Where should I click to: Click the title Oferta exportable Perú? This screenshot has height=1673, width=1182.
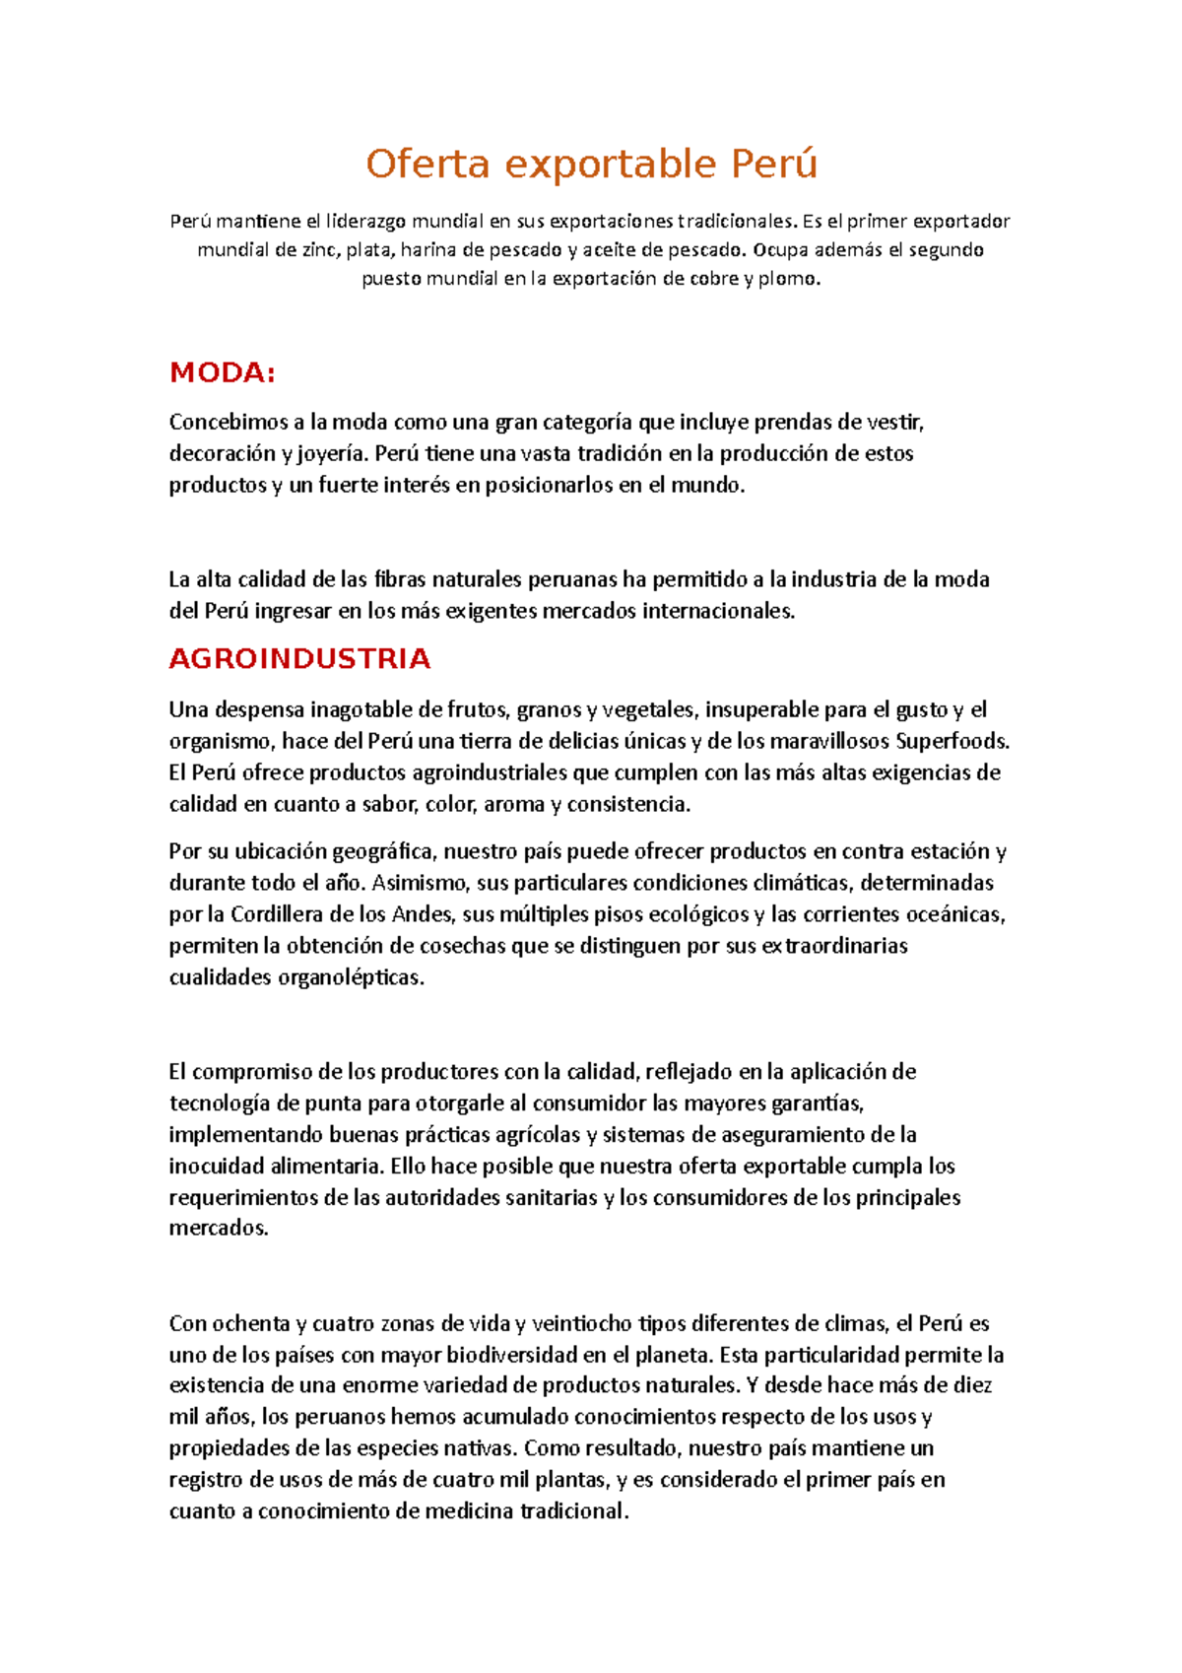coord(591,164)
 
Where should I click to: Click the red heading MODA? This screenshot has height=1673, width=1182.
coord(222,373)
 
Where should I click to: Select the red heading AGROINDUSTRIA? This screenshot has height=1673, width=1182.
coord(299,659)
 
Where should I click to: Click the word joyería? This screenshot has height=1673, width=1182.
coord(332,454)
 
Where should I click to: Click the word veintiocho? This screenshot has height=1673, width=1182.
coord(583,1323)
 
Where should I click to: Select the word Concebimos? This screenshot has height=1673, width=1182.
coord(229,423)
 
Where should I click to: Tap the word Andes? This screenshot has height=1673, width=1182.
coord(423,914)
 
